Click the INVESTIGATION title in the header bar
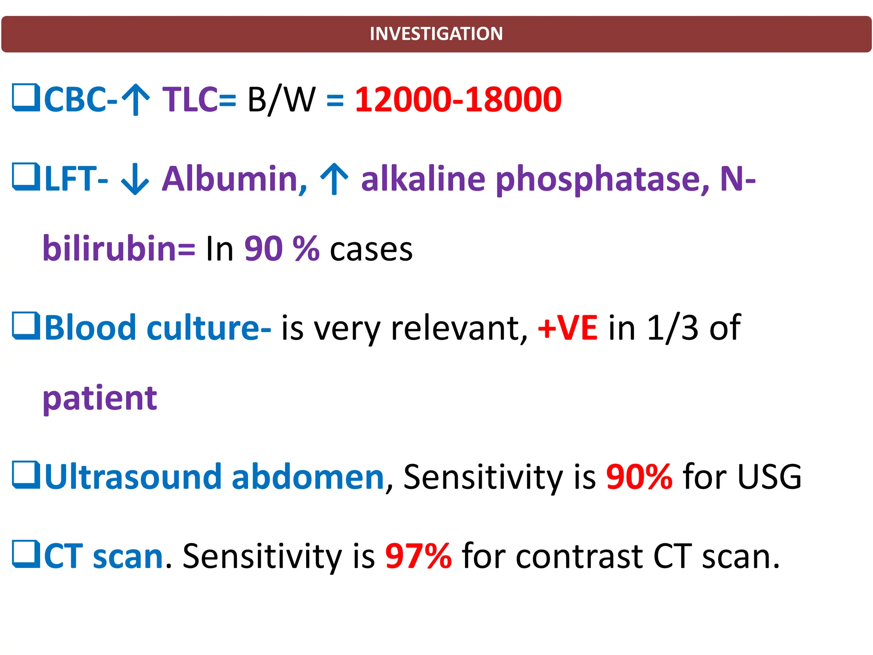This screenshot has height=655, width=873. pyautogui.click(x=436, y=34)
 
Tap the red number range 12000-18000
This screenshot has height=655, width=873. pyautogui.click(x=458, y=99)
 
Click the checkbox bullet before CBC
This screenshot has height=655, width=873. pyautogui.click(x=26, y=98)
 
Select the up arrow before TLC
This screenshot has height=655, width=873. pyautogui.click(x=136, y=100)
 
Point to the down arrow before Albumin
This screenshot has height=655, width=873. pyautogui.click(x=135, y=179)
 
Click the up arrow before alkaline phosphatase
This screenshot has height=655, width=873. pyautogui.click(x=335, y=179)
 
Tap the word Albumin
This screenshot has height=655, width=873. pyautogui.click(x=234, y=179)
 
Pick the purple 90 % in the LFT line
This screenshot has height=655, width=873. pyautogui.click(x=282, y=249)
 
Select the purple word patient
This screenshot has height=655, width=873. pyautogui.click(x=100, y=398)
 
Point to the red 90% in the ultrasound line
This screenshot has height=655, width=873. pyautogui.click(x=639, y=476)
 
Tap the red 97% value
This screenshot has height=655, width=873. pyautogui.click(x=418, y=556)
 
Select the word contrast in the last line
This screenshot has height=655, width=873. pyautogui.click(x=579, y=556)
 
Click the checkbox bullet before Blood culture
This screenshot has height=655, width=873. pyautogui.click(x=26, y=326)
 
